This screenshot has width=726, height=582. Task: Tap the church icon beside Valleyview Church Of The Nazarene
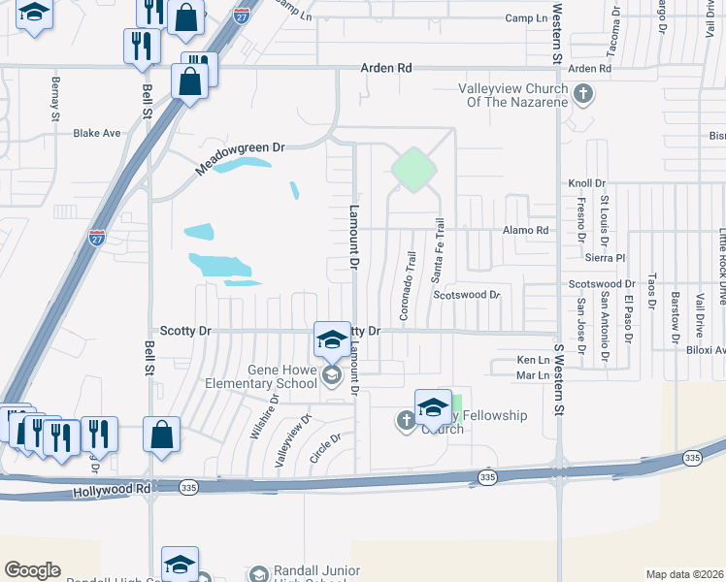(x=582, y=94)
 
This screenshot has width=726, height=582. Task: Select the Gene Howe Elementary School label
(x=268, y=375)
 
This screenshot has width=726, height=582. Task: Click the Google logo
(x=32, y=570)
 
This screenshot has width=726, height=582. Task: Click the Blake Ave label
(x=97, y=133)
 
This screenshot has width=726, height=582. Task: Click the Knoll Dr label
(x=586, y=182)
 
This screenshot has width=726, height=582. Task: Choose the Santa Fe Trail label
(x=439, y=250)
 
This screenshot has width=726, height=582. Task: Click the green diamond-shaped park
(x=412, y=169)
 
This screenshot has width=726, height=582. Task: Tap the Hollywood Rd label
(x=112, y=493)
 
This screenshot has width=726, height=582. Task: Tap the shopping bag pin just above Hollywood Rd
(x=161, y=436)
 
